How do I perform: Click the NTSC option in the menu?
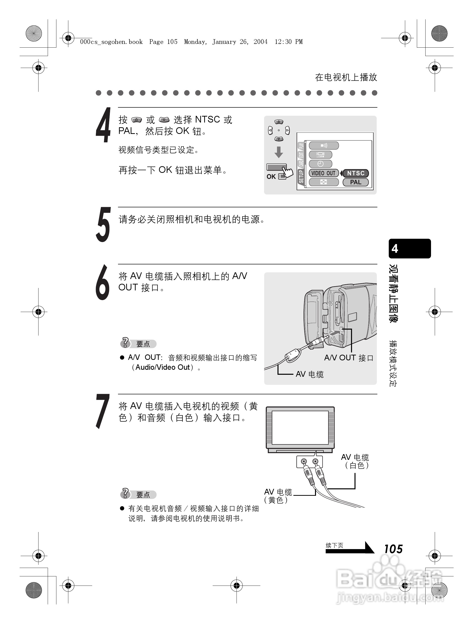(x=355, y=173)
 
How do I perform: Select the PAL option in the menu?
(x=355, y=182)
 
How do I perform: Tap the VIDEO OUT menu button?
(x=323, y=173)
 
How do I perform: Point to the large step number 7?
(x=103, y=411)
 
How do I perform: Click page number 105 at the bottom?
(x=393, y=549)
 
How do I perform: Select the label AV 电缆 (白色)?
(x=355, y=461)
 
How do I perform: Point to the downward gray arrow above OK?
(x=278, y=152)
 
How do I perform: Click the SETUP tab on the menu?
(x=301, y=176)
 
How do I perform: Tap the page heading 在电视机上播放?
(x=346, y=77)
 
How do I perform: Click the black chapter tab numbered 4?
(x=409, y=249)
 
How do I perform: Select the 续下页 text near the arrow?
(x=334, y=545)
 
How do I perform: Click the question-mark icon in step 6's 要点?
(x=125, y=343)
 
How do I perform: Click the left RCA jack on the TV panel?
(x=304, y=462)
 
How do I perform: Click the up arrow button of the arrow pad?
(x=278, y=122)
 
